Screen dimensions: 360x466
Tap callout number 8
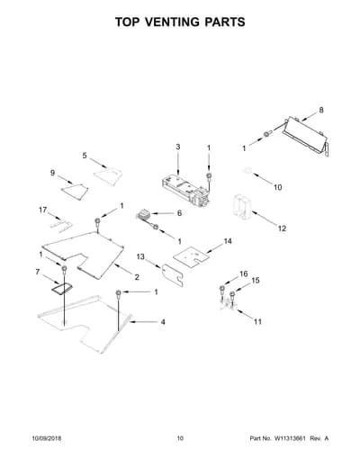tap(321, 110)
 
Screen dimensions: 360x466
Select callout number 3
tap(178, 147)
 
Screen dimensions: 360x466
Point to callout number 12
tap(282, 229)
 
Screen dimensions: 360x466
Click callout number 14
tap(228, 241)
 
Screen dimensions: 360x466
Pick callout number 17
tap(43, 210)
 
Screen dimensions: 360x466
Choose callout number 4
tap(163, 322)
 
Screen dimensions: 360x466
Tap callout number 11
tap(257, 322)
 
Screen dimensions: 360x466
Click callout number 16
tap(244, 273)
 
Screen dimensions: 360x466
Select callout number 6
tap(179, 213)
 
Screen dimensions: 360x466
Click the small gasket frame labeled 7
tap(62, 289)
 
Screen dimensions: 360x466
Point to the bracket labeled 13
tap(172, 274)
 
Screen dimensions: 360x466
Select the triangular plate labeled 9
tap(75, 192)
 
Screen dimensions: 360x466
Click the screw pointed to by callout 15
tap(232, 295)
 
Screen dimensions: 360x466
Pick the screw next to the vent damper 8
tap(267, 134)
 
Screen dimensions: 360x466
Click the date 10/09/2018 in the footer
tap(47, 438)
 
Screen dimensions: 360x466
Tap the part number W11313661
tap(289, 438)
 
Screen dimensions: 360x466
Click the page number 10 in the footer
tap(180, 438)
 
